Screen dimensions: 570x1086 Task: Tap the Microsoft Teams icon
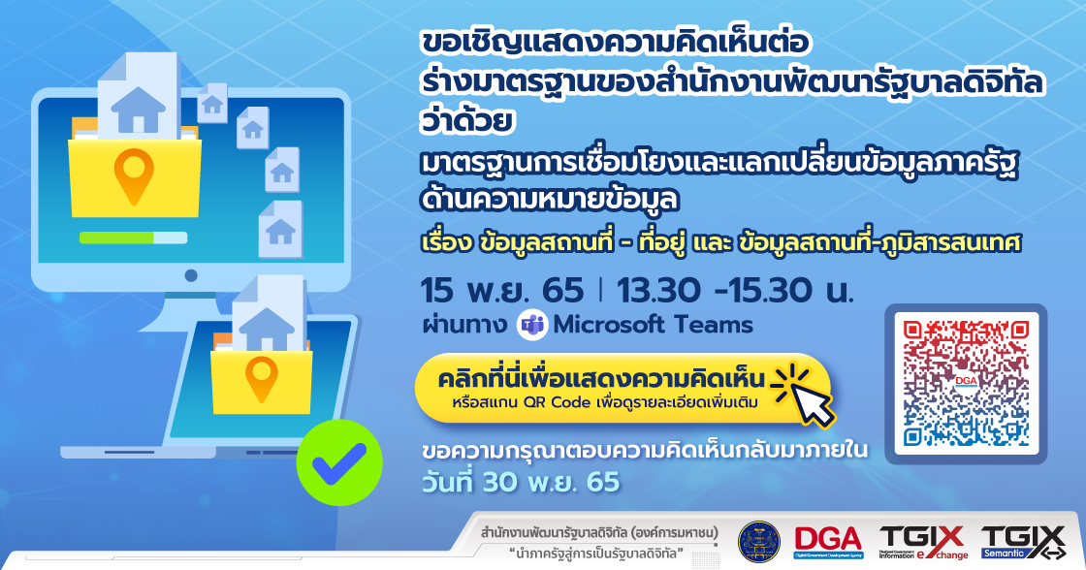[531, 325]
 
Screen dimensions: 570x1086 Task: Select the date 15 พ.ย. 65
[502, 290]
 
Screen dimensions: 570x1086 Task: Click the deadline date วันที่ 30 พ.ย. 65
[521, 480]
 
